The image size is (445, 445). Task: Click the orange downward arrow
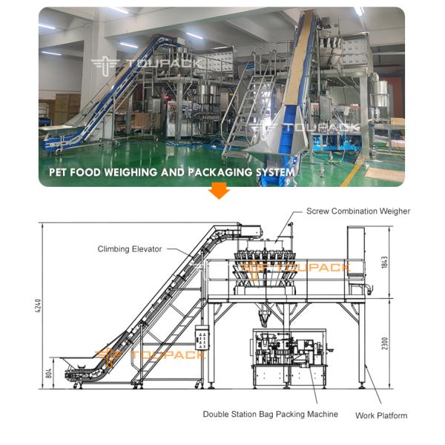pyautogui.click(x=219, y=191)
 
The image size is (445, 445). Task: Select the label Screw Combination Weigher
pyautogui.click(x=358, y=211)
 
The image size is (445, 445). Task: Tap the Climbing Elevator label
pyautogui.click(x=130, y=249)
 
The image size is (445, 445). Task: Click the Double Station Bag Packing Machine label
pyautogui.click(x=271, y=414)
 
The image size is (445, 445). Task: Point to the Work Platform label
pyautogui.click(x=381, y=415)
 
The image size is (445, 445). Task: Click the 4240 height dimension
pyautogui.click(x=39, y=306)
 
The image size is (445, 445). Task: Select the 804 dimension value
pyautogui.click(x=49, y=373)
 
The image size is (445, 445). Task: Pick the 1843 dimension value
pyautogui.click(x=384, y=263)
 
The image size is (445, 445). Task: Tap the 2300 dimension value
pyautogui.click(x=384, y=343)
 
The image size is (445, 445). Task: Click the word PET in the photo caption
pyautogui.click(x=58, y=172)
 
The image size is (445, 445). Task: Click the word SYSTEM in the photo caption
pyautogui.click(x=275, y=172)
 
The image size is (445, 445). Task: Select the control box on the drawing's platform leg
pyautogui.click(x=202, y=337)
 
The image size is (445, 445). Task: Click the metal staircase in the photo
pyautogui.click(x=244, y=113)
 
